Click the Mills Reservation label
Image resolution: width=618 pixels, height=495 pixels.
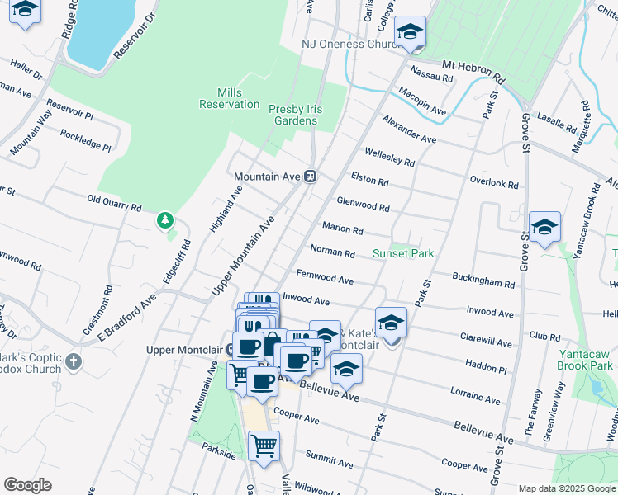pyautogui.click(x=229, y=98)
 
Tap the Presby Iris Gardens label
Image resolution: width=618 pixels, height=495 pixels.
pyautogui.click(x=295, y=115)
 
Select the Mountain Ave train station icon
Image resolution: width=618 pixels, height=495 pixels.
pyautogui.click(x=311, y=177)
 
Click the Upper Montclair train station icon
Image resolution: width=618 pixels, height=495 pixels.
pyautogui.click(x=231, y=349)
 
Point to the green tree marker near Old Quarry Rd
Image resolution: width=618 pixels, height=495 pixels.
pyautogui.click(x=166, y=220)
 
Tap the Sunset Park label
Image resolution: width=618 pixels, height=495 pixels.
pyautogui.click(x=402, y=253)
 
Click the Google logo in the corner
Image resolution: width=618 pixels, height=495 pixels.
pyautogui.click(x=27, y=484)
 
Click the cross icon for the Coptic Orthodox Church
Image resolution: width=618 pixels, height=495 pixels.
pyautogui.click(x=74, y=361)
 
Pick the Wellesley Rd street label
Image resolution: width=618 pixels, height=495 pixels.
pyautogui.click(x=389, y=158)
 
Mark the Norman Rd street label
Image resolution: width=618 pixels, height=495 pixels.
pyautogui.click(x=332, y=250)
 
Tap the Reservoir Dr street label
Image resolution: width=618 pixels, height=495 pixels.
pyautogui.click(x=135, y=35)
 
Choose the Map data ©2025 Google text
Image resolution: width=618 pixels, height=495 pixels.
pyautogui.click(x=567, y=488)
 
